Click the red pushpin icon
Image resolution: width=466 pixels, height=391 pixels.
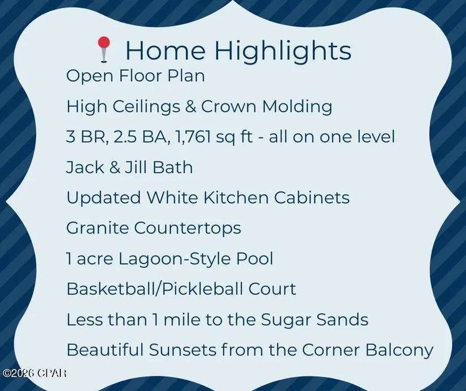tap(104, 49)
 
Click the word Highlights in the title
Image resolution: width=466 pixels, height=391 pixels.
tap(282, 50)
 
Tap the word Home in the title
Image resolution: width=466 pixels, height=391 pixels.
tap(166, 49)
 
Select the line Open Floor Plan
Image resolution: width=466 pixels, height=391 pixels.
tap(136, 76)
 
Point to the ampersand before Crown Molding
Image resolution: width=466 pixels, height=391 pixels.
tap(190, 106)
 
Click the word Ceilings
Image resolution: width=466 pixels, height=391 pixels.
tap(146, 106)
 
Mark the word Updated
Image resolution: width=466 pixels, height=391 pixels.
tap(103, 198)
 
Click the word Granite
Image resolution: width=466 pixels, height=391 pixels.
tap(97, 228)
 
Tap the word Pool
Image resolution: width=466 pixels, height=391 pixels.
tap(255, 258)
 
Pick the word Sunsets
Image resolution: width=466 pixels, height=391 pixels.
tap(182, 350)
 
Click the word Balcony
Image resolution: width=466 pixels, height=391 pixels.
tap(399, 350)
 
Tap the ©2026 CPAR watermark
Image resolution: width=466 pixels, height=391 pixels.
tap(34, 373)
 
